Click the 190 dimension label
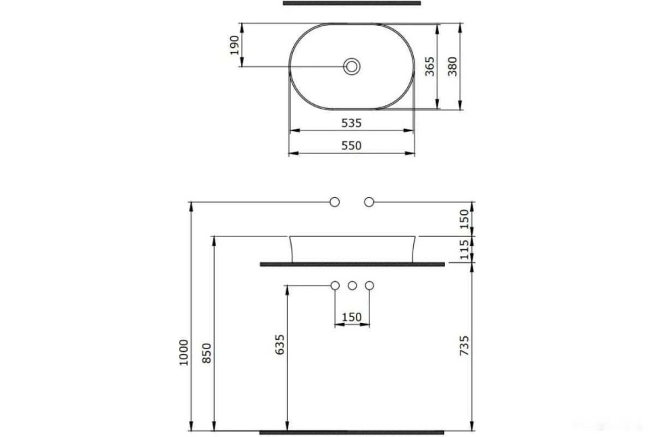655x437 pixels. coord(235,45)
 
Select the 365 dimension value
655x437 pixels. coord(429,66)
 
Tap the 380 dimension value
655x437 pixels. coord(453,66)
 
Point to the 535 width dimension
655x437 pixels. coord(351,123)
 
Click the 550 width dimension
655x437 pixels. coord(351,145)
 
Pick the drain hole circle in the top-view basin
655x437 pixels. coord(352,66)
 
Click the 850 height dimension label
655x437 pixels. coord(207,353)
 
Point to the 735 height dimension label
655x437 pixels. coord(465,345)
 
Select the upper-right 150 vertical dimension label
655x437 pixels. coord(465,217)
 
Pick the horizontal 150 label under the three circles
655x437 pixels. coord(352,317)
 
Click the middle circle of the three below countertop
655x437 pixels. coord(352,286)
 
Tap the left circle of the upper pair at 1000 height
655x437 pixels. coord(334,201)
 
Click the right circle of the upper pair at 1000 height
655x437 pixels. coord(369,201)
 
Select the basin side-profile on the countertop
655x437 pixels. coord(352,248)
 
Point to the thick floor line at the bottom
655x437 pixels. coord(352,431)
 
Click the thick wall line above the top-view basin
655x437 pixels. coord(352,3)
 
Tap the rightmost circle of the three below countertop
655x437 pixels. coord(369,286)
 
